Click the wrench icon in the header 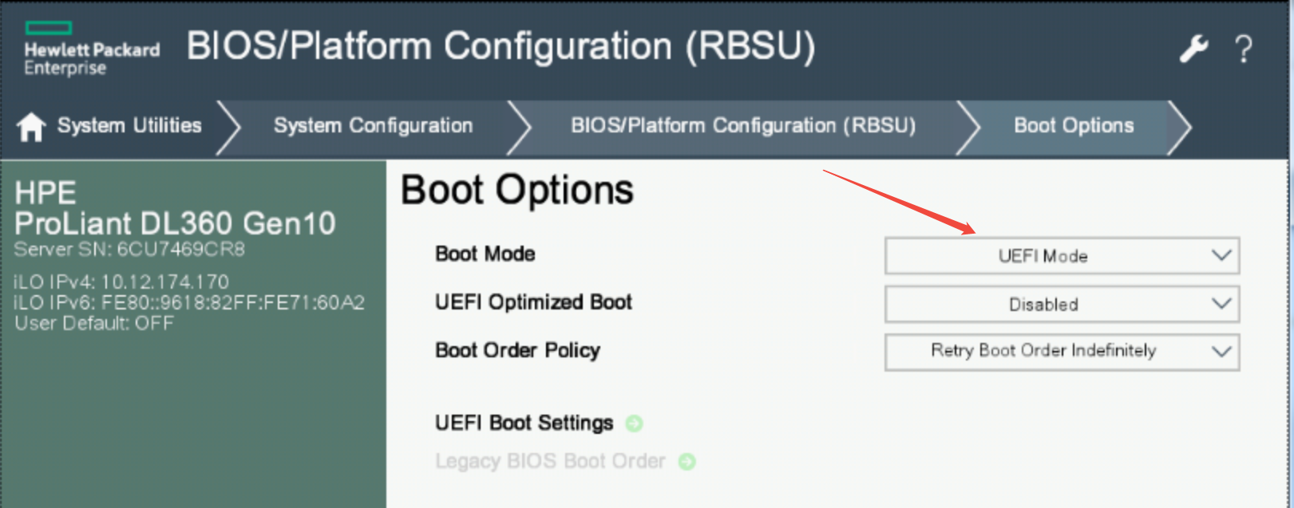pyautogui.click(x=1193, y=49)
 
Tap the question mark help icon pyautogui.click(x=1243, y=49)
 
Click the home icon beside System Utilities pyautogui.click(x=32, y=126)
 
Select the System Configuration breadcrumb pyautogui.click(x=373, y=126)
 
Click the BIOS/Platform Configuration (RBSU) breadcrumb pyautogui.click(x=742, y=126)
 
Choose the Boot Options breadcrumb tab pyautogui.click(x=1073, y=126)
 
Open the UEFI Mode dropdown pyautogui.click(x=1062, y=256)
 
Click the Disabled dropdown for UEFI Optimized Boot pyautogui.click(x=1062, y=304)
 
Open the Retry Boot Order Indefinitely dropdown pyautogui.click(x=1062, y=351)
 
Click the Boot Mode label pyautogui.click(x=485, y=254)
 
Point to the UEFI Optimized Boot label pyautogui.click(x=533, y=302)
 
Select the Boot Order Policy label pyautogui.click(x=517, y=351)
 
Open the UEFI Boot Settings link pyautogui.click(x=524, y=423)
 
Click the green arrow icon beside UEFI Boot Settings pyautogui.click(x=634, y=423)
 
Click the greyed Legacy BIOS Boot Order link pyautogui.click(x=550, y=461)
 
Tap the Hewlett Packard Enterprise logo pyautogui.click(x=91, y=49)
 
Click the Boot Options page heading pyautogui.click(x=516, y=191)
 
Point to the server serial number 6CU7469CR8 pyautogui.click(x=180, y=250)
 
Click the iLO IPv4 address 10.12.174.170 pyautogui.click(x=164, y=282)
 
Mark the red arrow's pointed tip pyautogui.click(x=975, y=232)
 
